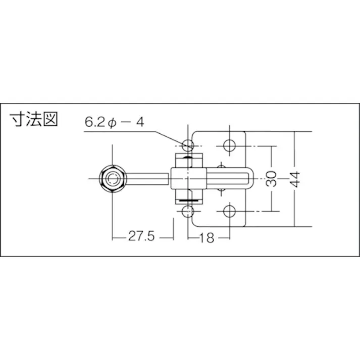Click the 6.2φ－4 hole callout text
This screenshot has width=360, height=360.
click(x=116, y=122)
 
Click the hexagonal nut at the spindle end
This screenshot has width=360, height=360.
click(x=112, y=178)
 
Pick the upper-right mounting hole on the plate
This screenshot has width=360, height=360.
click(x=229, y=145)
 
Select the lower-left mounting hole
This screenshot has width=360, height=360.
click(x=188, y=211)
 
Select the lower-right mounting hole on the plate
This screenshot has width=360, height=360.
click(x=229, y=211)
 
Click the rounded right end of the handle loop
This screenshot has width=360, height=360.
click(x=250, y=178)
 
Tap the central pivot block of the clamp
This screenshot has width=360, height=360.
click(x=188, y=178)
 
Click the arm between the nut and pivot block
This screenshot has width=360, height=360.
click(x=146, y=178)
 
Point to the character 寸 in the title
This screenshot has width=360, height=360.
click(x=18, y=120)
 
